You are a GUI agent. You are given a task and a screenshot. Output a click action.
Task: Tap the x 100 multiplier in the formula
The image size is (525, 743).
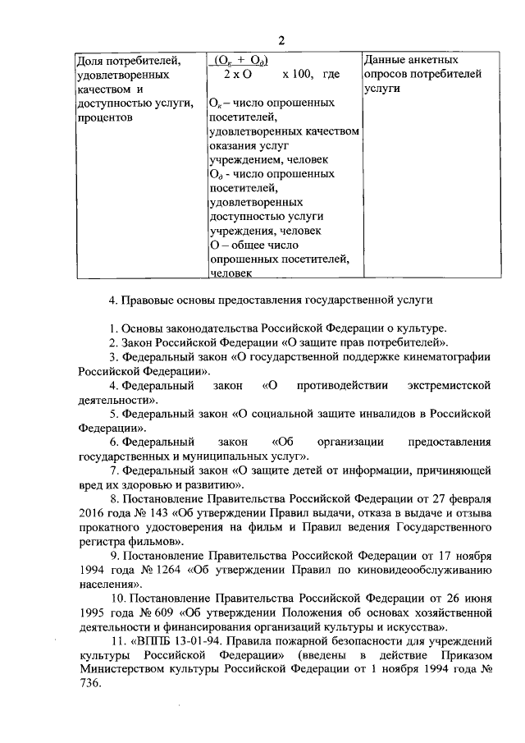(298, 74)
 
